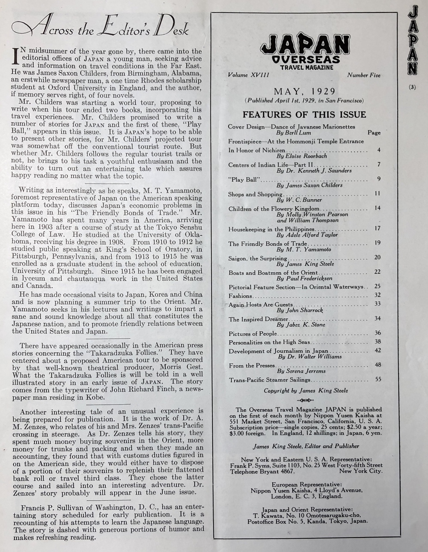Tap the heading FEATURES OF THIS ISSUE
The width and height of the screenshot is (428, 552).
(x=304, y=115)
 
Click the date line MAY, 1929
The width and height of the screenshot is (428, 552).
(x=304, y=91)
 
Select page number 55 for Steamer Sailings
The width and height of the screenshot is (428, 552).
(x=377, y=379)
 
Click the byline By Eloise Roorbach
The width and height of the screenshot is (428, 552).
(x=301, y=156)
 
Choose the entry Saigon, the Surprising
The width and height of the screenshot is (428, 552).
(x=257, y=258)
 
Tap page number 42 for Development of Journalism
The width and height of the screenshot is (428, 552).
(x=377, y=350)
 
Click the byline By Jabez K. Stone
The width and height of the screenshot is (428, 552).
(x=300, y=325)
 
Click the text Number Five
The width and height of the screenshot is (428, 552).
(x=364, y=75)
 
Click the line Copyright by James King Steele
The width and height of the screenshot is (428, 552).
(x=306, y=390)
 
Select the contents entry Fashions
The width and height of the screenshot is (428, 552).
(x=240, y=296)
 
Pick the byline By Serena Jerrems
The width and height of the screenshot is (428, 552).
(x=301, y=371)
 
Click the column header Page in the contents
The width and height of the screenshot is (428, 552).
(x=374, y=133)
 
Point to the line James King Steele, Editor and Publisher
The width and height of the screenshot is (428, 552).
(x=306, y=446)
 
